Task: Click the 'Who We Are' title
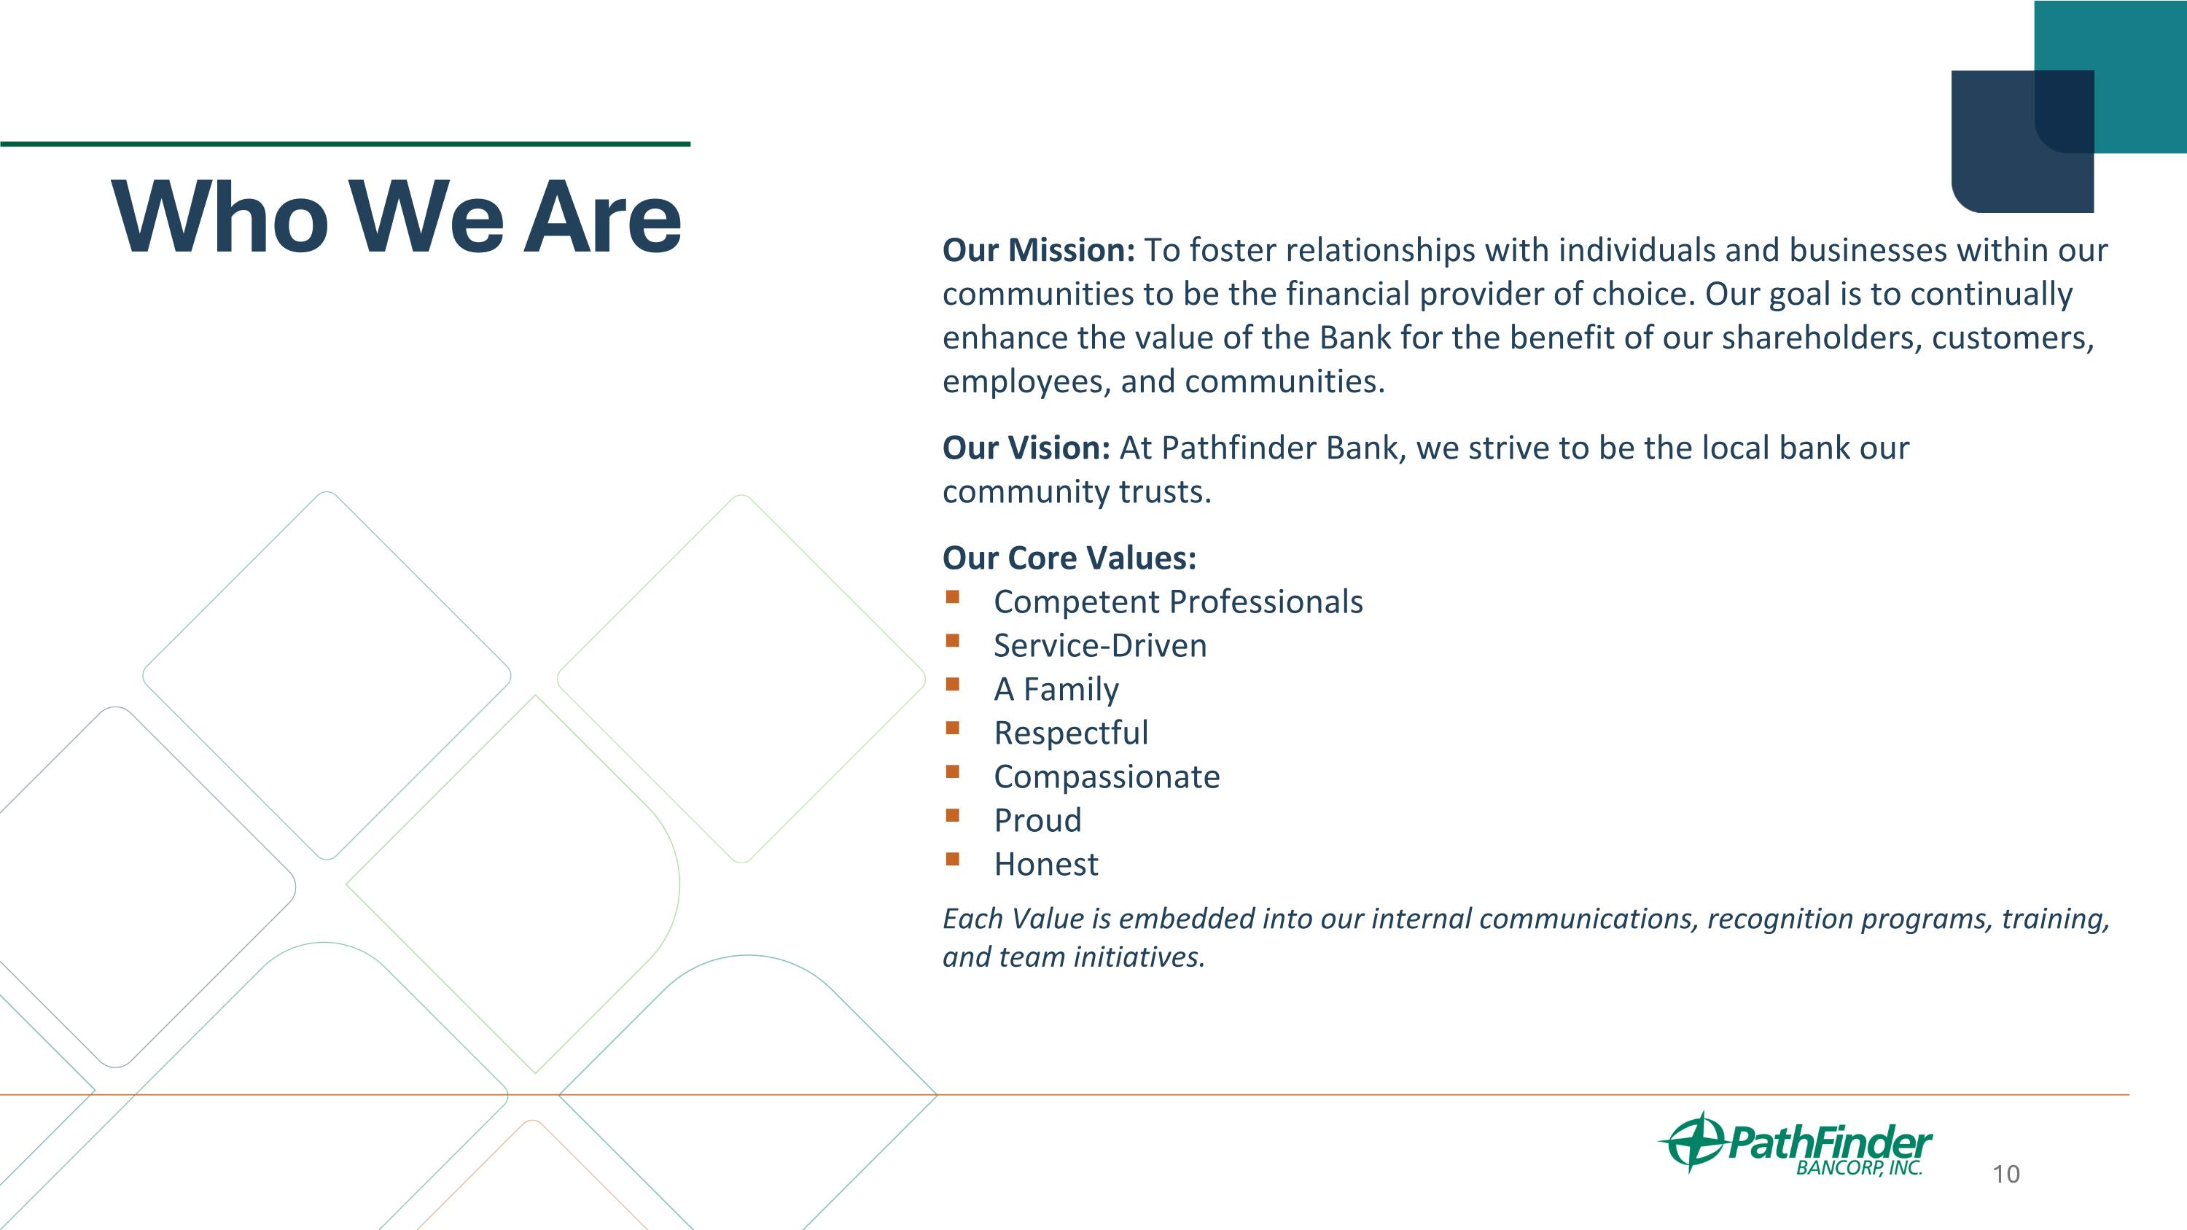(x=397, y=217)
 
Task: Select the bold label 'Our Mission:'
(x=1037, y=250)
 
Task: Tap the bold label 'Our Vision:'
(x=1026, y=448)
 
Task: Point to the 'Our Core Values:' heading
(x=1069, y=558)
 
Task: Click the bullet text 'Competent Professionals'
(x=1177, y=602)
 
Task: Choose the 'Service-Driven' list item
(x=1099, y=646)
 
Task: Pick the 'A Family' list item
(x=1056, y=689)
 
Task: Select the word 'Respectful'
(x=1071, y=733)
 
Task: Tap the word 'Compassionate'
(x=1106, y=776)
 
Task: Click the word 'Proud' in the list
(x=1037, y=821)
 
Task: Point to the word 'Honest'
(x=1045, y=864)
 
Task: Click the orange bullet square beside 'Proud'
(x=953, y=816)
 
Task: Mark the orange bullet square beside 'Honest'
(x=953, y=859)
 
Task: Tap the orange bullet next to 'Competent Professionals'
(x=953, y=596)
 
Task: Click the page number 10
(x=2005, y=1175)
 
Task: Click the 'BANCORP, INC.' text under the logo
(x=1858, y=1168)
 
